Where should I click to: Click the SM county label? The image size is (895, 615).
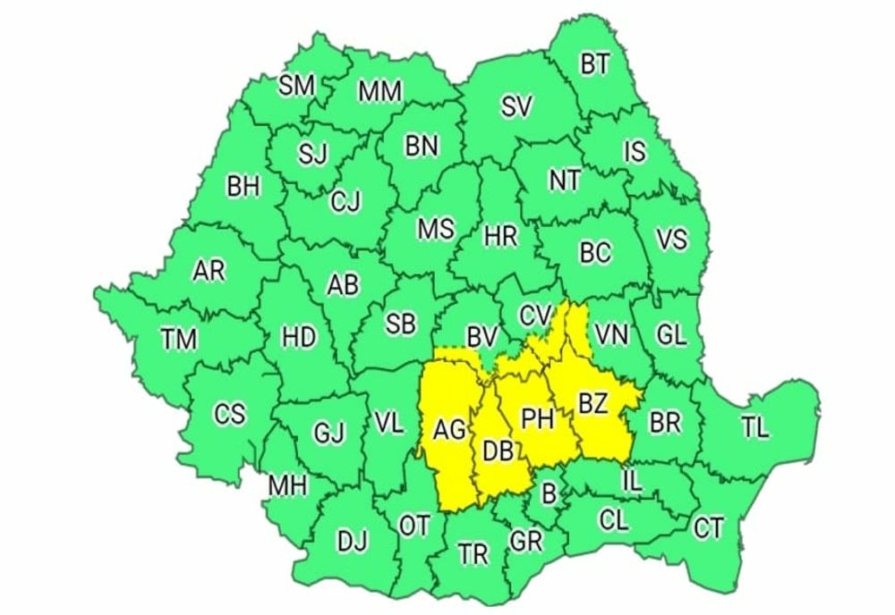tap(296, 86)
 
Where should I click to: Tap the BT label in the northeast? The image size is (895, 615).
tap(595, 64)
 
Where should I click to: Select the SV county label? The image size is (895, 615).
tap(516, 107)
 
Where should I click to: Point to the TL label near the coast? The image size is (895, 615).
tap(755, 428)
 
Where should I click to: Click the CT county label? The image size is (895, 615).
tap(709, 529)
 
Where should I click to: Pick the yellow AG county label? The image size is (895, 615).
tap(449, 431)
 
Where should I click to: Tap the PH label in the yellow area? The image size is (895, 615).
tap(538, 418)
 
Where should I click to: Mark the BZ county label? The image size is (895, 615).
tap(592, 404)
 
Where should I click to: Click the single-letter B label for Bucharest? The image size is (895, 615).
tap(549, 490)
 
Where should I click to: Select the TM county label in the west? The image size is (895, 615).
tap(179, 340)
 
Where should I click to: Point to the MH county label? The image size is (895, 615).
tap(288, 486)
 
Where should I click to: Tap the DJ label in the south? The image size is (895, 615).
tap(351, 540)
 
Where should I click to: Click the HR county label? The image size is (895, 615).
tap(499, 237)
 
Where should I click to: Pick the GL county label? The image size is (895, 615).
tap(670, 335)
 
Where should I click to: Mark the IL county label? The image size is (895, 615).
tap(632, 483)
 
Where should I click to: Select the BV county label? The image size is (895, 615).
tap(482, 337)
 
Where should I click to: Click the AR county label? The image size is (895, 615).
tap(209, 272)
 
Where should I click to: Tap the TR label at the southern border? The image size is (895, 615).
tap(473, 554)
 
